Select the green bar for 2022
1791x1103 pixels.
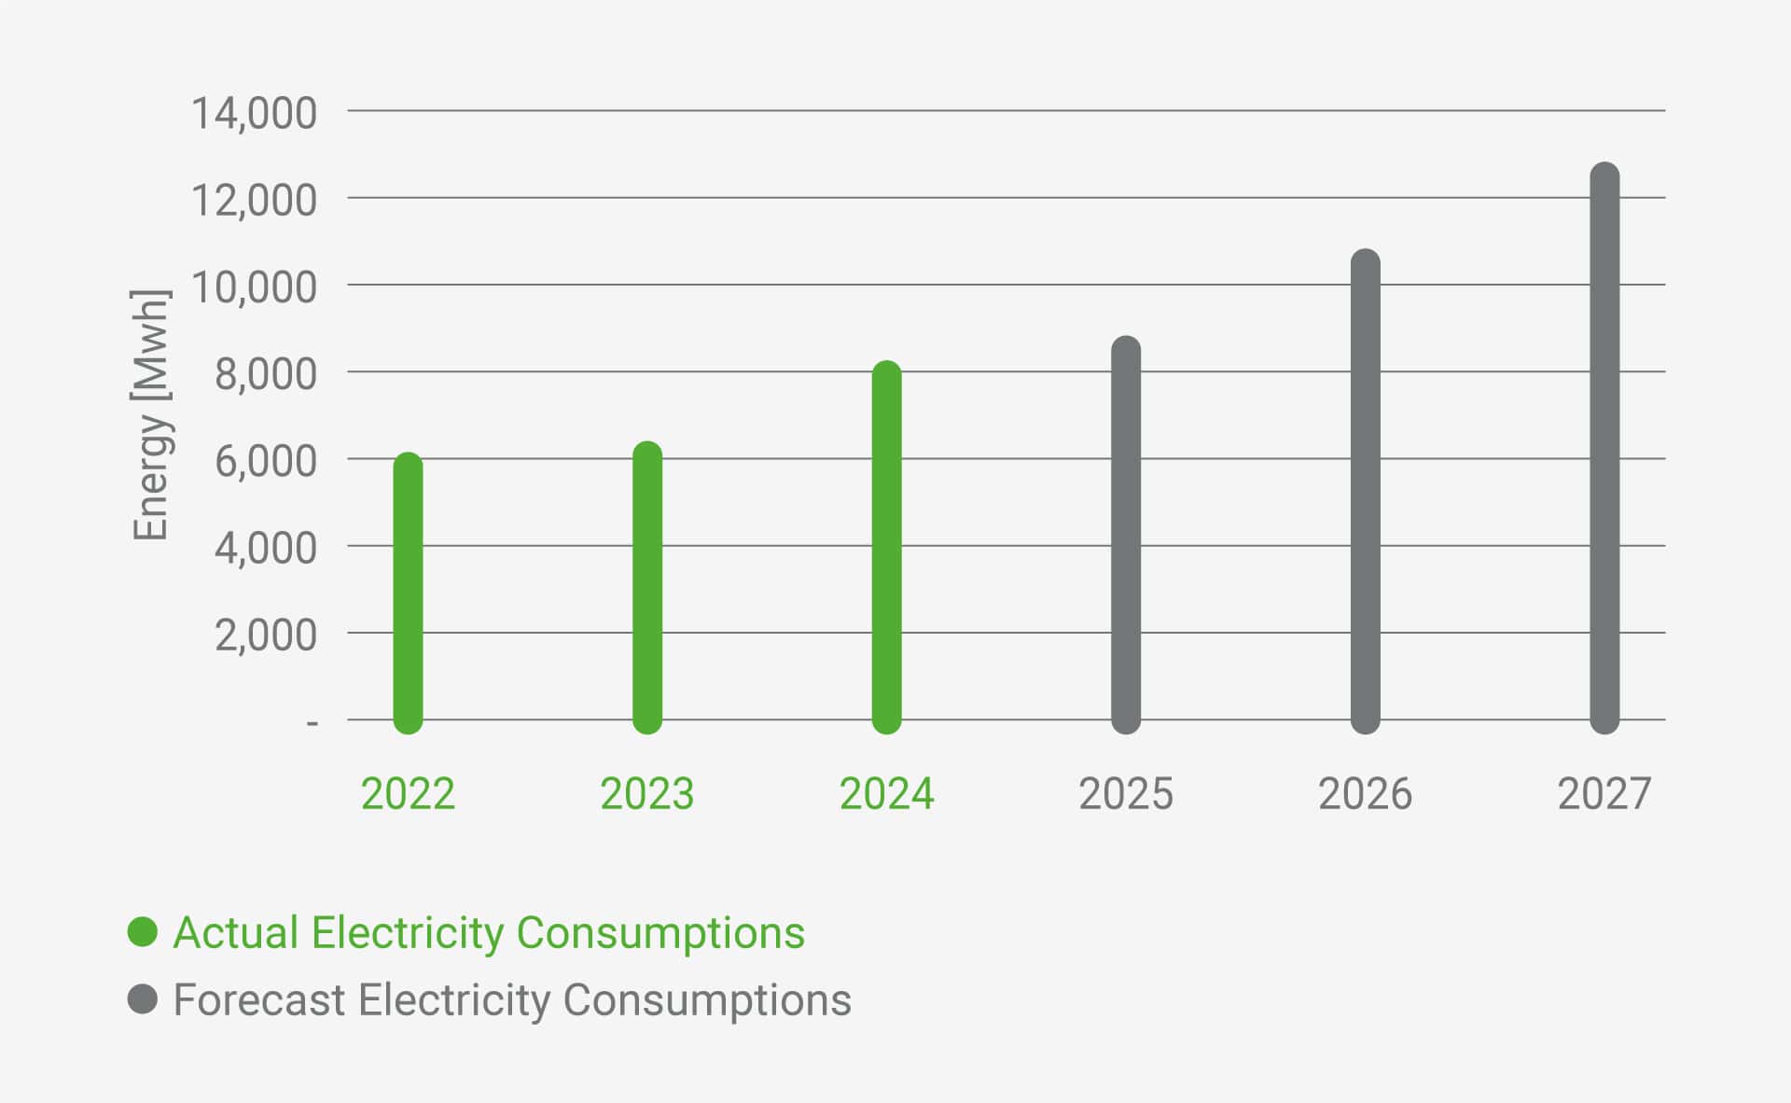408,593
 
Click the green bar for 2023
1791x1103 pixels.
647,588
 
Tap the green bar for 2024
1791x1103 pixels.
886,547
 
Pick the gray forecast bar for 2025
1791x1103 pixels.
1126,535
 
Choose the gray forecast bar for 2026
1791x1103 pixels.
1365,492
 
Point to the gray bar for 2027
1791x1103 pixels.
1604,448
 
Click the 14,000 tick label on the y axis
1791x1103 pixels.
254,113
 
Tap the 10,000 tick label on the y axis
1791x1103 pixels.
254,286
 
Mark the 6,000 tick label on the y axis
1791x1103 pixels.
266,460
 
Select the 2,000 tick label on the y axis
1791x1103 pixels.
266,635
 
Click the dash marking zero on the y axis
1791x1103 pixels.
312,722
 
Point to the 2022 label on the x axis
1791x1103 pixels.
408,794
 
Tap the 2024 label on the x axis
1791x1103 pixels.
886,794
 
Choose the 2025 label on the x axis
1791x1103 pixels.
1126,794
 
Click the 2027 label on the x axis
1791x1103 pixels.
1604,794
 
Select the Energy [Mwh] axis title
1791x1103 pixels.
150,415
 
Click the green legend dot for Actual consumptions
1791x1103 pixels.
143,932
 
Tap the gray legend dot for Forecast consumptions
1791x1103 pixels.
143,999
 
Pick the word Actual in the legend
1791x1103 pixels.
236,932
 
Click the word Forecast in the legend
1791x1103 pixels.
259,999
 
